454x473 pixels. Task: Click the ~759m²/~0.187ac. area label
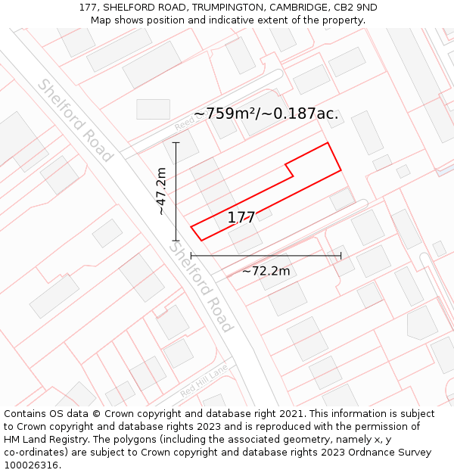click(x=266, y=114)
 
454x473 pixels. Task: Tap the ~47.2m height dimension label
click(x=161, y=191)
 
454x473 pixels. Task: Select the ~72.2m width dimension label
click(x=266, y=271)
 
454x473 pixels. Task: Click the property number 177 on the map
click(x=241, y=218)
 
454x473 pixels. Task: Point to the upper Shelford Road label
click(x=75, y=120)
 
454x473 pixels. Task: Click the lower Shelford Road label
click(x=200, y=287)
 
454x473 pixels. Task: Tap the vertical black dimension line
click(x=176, y=191)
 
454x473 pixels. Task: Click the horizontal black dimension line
click(x=266, y=256)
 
